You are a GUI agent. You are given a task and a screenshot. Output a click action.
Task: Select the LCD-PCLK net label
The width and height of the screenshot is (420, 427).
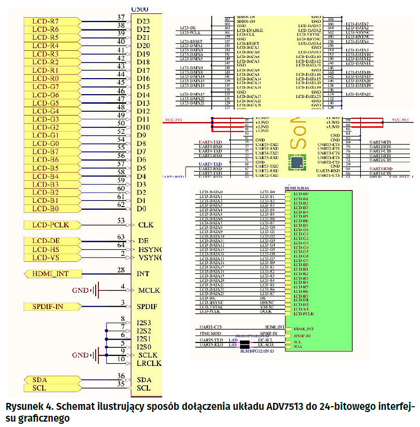pos(46,225)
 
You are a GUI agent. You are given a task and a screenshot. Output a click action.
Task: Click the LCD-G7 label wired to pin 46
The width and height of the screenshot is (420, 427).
pos(46,87)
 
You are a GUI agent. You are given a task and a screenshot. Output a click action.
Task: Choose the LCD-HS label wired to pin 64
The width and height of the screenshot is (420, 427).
pos(46,249)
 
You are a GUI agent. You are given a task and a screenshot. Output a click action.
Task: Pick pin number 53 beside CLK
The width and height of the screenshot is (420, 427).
pos(121,221)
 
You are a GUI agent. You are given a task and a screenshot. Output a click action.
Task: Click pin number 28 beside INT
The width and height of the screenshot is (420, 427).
pos(121,270)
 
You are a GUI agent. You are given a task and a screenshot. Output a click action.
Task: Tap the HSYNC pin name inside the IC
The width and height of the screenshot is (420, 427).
pos(150,249)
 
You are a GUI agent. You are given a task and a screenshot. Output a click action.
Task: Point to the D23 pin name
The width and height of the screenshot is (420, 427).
pos(143,21)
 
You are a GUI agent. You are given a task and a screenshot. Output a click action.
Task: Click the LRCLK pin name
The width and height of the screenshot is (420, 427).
pos(149,363)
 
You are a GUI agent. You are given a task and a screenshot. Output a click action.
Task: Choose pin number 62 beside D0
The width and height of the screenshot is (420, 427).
pos(121,204)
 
